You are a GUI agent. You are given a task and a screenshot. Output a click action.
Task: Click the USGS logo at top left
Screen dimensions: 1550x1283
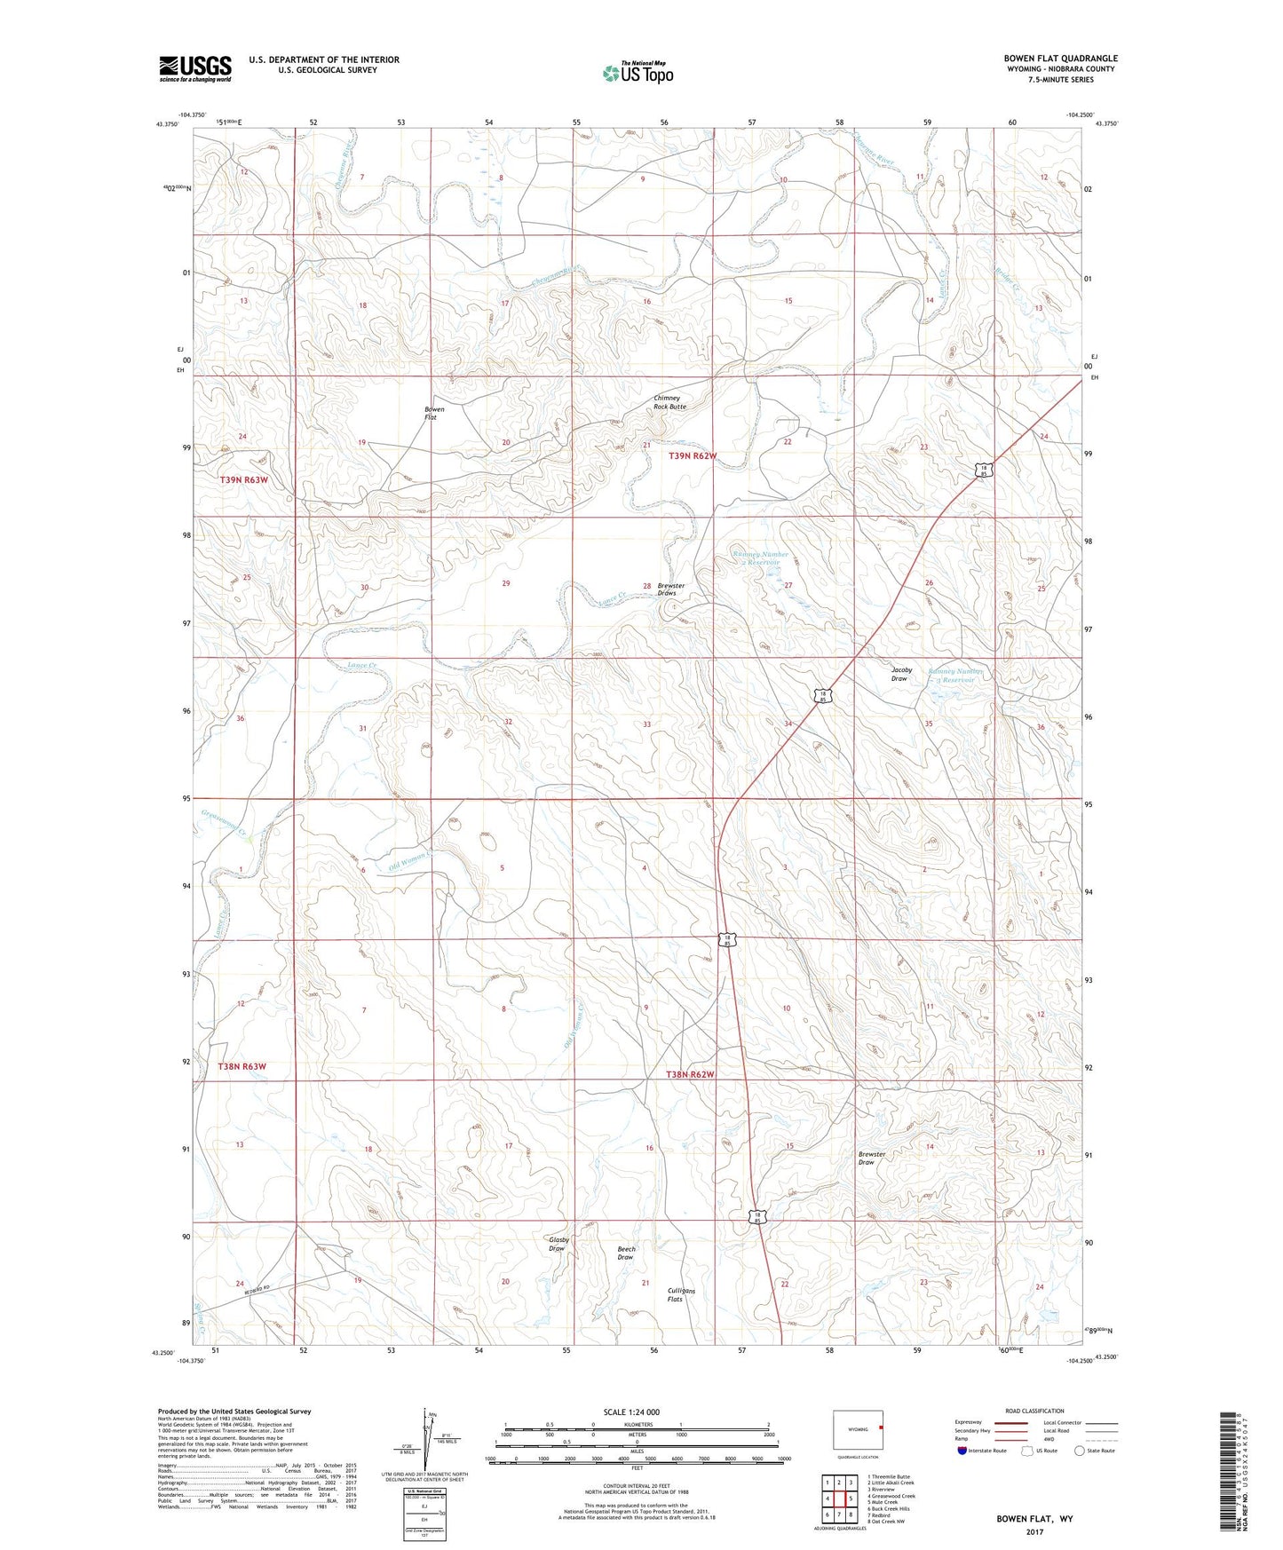pos(194,68)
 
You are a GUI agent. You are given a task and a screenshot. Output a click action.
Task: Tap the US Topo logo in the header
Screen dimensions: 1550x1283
pos(638,73)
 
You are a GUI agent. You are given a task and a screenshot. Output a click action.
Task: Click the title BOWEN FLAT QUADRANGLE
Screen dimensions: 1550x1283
pos(1061,59)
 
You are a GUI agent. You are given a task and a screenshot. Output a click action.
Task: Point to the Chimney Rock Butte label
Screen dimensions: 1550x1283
pos(669,402)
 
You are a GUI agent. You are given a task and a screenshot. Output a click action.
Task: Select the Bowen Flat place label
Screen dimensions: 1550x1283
pos(432,414)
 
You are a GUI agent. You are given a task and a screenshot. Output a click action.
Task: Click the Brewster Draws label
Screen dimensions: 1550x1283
pos(671,589)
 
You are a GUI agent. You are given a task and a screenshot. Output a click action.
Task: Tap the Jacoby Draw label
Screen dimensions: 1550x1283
pos(901,674)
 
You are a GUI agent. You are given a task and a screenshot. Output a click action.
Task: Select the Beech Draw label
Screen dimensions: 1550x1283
pos(626,1253)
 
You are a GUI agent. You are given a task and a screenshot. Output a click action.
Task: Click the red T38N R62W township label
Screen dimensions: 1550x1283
pos(690,1074)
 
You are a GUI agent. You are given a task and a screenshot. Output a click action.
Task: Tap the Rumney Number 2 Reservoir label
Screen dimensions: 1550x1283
pos(760,558)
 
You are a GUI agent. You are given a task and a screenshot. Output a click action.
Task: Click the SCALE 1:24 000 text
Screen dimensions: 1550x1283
pos(630,1412)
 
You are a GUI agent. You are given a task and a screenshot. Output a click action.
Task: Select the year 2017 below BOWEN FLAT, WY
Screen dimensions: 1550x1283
pos(1034,1531)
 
